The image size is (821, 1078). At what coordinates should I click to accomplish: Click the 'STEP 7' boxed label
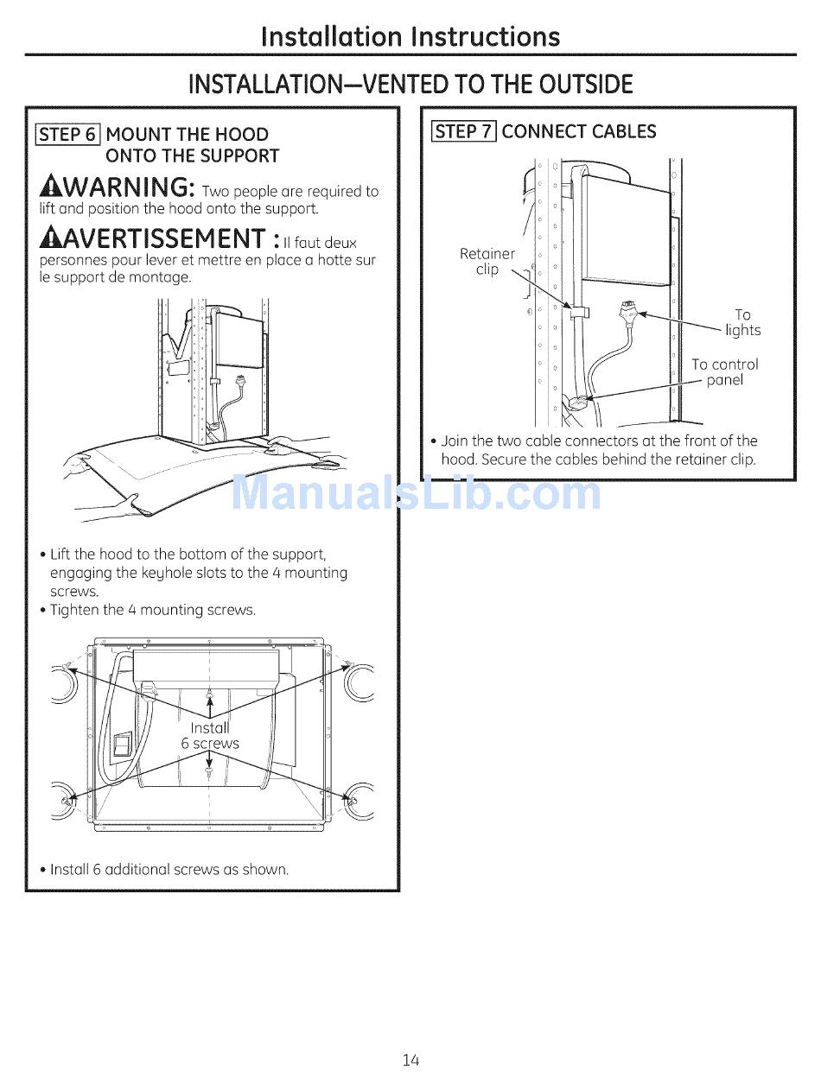(x=464, y=131)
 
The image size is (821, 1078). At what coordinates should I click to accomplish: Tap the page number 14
(x=410, y=1060)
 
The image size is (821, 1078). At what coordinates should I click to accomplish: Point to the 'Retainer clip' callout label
(x=487, y=262)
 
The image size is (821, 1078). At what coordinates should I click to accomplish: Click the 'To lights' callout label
(x=742, y=322)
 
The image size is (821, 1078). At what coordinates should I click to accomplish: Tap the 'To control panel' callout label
(x=724, y=372)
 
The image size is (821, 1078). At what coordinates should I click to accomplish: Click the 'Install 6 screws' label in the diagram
(x=210, y=735)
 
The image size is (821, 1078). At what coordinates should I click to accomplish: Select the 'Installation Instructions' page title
(x=410, y=37)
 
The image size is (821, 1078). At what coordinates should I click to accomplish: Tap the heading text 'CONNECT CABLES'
(x=579, y=131)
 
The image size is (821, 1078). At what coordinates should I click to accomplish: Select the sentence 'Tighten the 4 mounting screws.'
(x=153, y=610)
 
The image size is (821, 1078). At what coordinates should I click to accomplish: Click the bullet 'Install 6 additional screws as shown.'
(x=169, y=869)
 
